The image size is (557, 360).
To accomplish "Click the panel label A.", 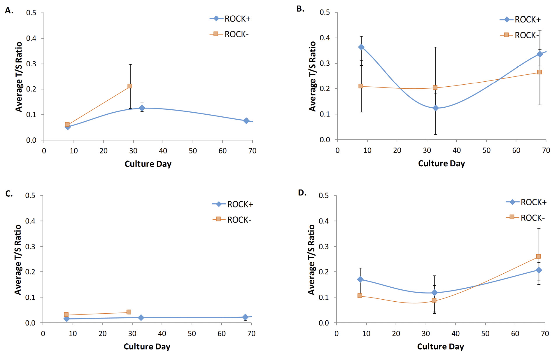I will [9, 11].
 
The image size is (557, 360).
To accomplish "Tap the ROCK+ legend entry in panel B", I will [520, 20].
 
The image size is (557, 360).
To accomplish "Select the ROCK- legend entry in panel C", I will [232, 220].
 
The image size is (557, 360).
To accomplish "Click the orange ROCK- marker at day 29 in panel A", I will [130, 86].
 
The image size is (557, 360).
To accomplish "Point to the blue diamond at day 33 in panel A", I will [142, 108].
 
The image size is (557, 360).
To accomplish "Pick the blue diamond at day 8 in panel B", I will [361, 47].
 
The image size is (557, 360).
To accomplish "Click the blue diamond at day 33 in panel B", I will [436, 108].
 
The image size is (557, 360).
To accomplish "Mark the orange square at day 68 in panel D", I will [538, 256].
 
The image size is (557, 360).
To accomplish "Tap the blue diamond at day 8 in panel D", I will [360, 279].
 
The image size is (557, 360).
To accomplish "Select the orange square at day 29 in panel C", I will [129, 312].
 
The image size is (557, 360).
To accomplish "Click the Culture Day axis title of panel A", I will [148, 164].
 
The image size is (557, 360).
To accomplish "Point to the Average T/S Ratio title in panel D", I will [311, 259].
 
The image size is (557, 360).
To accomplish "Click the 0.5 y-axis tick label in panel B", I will [325, 13].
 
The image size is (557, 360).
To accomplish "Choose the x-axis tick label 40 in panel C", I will [162, 334].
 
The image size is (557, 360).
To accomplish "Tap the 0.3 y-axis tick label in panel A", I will [31, 64].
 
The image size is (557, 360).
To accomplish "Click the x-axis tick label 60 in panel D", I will [515, 334].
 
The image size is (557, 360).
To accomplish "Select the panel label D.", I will [302, 193].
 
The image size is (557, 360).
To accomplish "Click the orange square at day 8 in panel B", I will [361, 86].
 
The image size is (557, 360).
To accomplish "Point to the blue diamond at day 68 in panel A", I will [246, 121].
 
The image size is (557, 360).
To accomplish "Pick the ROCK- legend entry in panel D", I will [526, 218].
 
